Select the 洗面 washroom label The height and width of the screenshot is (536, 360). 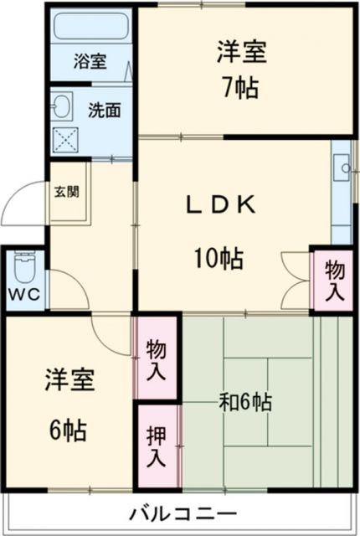click(104, 109)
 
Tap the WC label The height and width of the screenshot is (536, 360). click(23, 296)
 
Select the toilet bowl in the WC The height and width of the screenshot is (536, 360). click(23, 270)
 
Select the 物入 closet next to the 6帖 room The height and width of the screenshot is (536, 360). click(156, 358)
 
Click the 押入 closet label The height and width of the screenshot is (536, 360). click(156, 447)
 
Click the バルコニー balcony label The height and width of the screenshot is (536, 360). click(183, 513)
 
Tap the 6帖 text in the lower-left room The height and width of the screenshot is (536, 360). click(68, 431)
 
